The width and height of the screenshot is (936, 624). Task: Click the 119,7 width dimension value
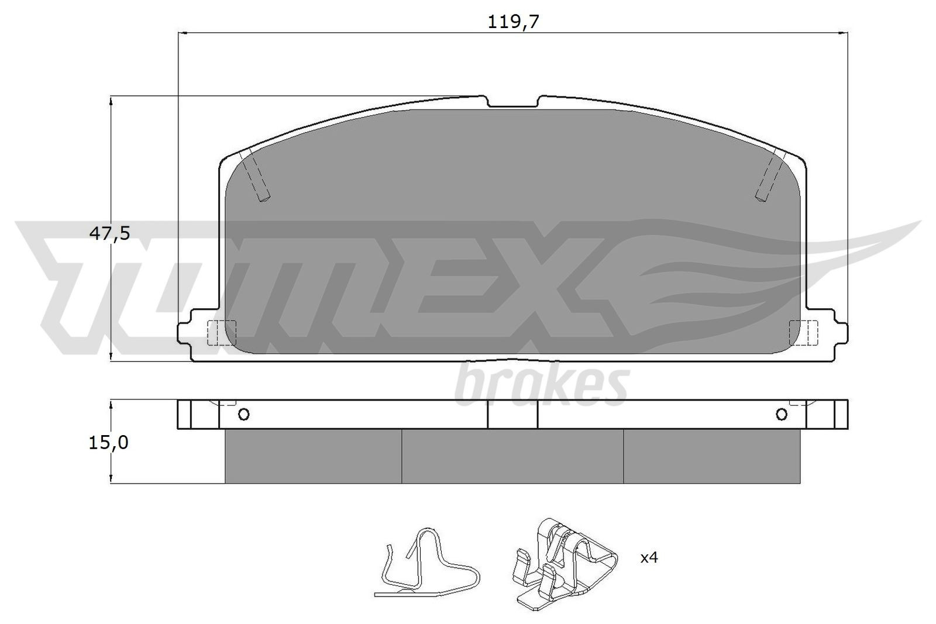[x=512, y=22]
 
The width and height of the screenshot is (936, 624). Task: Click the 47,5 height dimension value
[x=109, y=233]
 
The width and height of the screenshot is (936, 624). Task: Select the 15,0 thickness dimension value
[x=108, y=443]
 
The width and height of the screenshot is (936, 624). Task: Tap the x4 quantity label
[x=649, y=557]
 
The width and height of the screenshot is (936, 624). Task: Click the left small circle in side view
[x=244, y=415]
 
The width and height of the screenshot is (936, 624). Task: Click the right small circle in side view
[x=782, y=415]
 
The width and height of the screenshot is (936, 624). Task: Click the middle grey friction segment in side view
[x=512, y=457]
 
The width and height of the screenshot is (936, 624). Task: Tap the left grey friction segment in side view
[x=313, y=457]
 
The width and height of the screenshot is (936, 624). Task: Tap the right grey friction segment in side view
[x=711, y=457]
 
